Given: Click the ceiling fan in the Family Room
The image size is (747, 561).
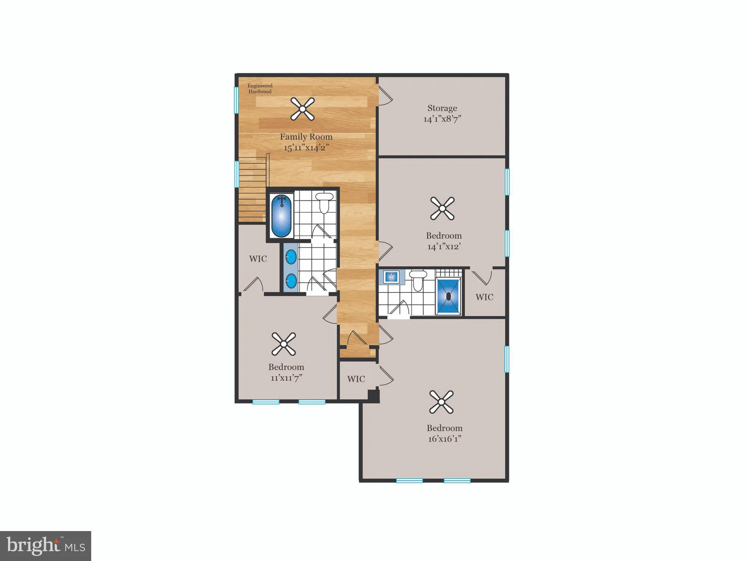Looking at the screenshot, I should click(x=303, y=109).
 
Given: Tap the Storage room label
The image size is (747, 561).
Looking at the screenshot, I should click(x=442, y=108).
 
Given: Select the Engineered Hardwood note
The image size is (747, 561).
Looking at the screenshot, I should click(x=260, y=89).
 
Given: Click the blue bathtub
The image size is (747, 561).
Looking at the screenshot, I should click(x=281, y=216).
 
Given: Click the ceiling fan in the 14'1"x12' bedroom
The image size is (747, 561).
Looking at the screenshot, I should click(x=442, y=208).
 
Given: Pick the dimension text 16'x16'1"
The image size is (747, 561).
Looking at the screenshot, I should click(x=444, y=439).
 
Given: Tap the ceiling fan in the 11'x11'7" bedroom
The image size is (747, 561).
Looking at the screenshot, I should click(x=284, y=344).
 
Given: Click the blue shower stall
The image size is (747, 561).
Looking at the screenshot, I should click(x=448, y=296).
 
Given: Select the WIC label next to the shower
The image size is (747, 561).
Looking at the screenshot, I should click(x=484, y=297).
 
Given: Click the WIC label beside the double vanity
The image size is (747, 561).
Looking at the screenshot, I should click(x=258, y=259).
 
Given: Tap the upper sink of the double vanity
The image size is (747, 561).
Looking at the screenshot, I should click(x=291, y=257).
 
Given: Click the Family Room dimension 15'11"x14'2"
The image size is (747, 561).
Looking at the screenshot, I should click(x=306, y=148).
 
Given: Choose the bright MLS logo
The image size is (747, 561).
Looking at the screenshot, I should click(x=46, y=546).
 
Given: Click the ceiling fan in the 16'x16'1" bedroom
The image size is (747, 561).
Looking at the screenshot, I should click(x=441, y=402).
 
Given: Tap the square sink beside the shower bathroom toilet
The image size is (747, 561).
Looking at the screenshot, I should click(x=391, y=277).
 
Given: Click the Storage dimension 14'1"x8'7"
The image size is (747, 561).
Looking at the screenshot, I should click(x=442, y=119).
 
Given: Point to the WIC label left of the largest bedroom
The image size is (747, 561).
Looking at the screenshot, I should click(x=356, y=379).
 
